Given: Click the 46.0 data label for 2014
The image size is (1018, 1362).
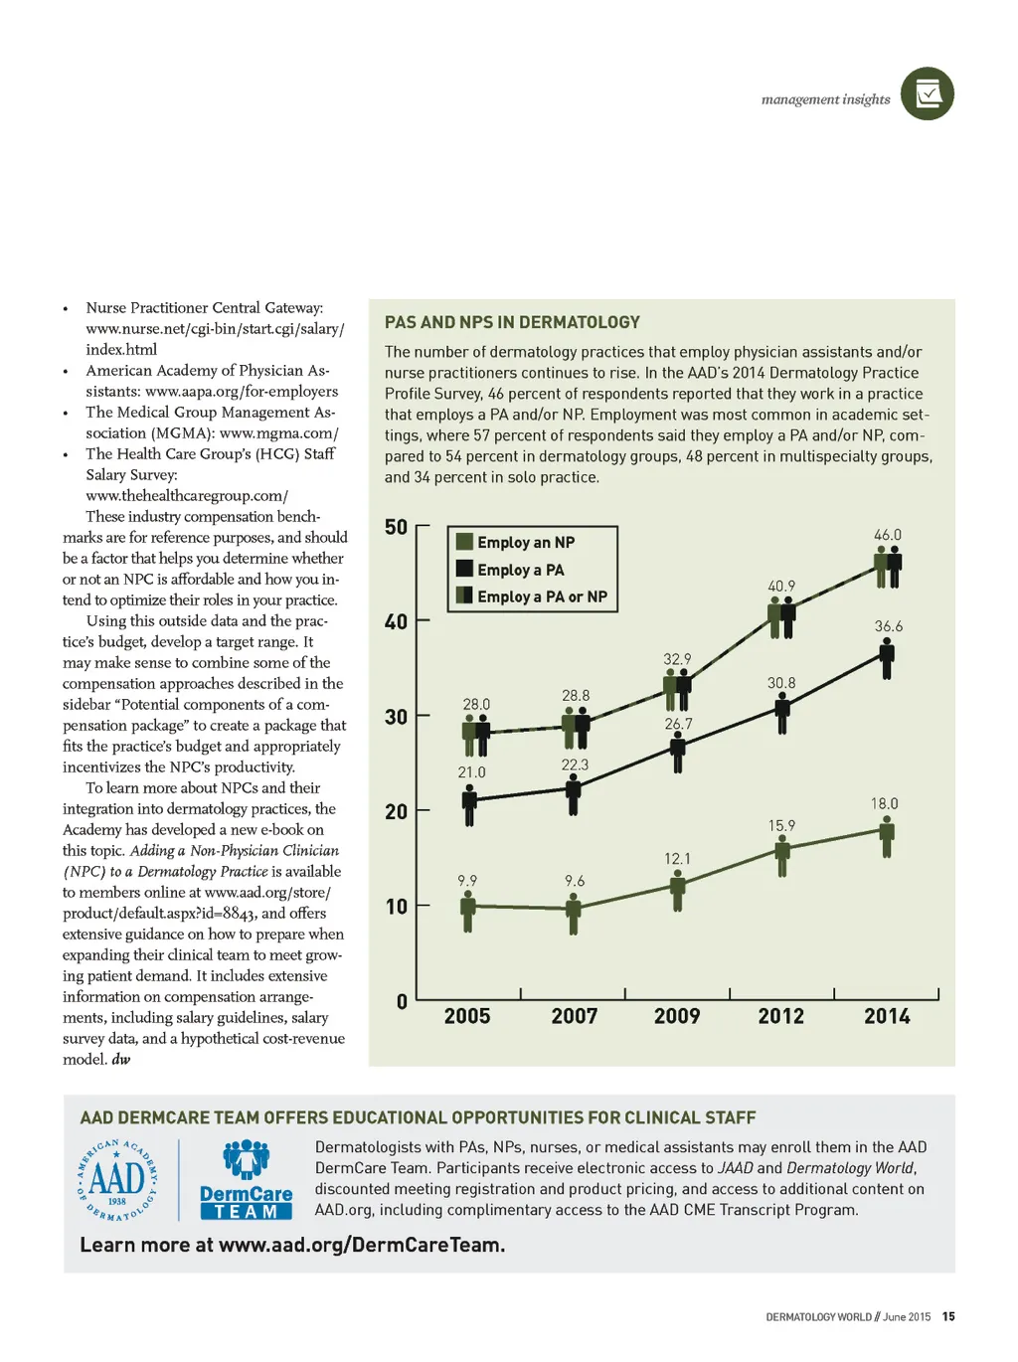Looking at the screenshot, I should [888, 535].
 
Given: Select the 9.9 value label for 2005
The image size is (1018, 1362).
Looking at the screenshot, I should [467, 881].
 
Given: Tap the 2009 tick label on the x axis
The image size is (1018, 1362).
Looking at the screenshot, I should [677, 1016].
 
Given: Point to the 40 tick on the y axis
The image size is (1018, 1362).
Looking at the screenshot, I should [396, 622].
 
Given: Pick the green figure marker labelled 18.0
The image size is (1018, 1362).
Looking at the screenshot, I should [887, 836].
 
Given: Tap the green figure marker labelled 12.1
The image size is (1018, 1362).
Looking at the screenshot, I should [678, 889].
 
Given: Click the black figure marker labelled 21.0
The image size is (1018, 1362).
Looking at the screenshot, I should [469, 803].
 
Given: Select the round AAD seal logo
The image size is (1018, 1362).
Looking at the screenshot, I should [117, 1181].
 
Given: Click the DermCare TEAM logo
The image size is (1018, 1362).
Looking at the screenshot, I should [246, 1181].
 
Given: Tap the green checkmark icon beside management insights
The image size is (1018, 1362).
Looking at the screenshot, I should [928, 94].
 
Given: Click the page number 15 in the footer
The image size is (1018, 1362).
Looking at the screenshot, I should [948, 1316].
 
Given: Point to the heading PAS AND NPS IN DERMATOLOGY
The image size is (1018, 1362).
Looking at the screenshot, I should [512, 322].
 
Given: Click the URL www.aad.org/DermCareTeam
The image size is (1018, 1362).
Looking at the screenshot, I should [362, 1245].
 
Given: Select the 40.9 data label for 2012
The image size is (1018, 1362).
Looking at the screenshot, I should [781, 587].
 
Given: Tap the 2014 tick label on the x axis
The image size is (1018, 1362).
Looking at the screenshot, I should [887, 1016].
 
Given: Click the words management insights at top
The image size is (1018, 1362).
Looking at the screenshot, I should [825, 99].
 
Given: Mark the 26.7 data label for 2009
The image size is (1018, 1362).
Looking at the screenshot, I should [678, 724].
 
